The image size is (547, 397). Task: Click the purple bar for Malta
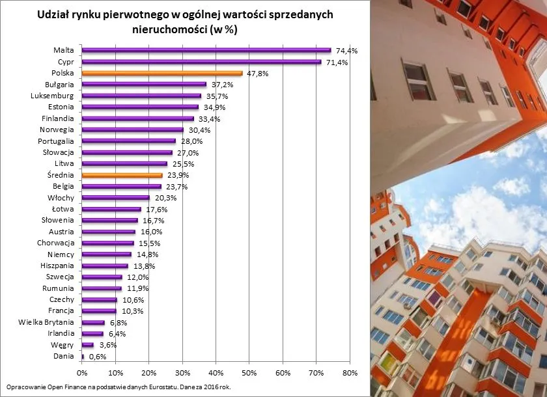[206, 50]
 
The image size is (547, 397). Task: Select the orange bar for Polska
[162, 74]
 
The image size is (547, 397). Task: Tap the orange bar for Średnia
[122, 175]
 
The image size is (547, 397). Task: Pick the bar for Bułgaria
[144, 85]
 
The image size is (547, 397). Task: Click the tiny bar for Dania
[83, 357]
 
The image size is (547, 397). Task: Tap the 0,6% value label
[98, 357]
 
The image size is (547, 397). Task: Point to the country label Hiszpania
[57, 266]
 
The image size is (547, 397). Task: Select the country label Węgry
[63, 345]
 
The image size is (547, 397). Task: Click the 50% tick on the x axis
[249, 373]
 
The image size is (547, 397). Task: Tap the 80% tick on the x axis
[350, 373]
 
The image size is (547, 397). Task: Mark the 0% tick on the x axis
[82, 373]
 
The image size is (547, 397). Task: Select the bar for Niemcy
[107, 254]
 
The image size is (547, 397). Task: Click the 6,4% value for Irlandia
[117, 334]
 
